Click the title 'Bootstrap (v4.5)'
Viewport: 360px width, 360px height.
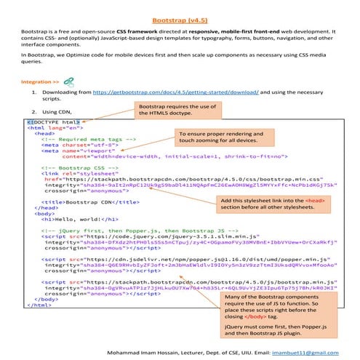click(179, 22)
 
